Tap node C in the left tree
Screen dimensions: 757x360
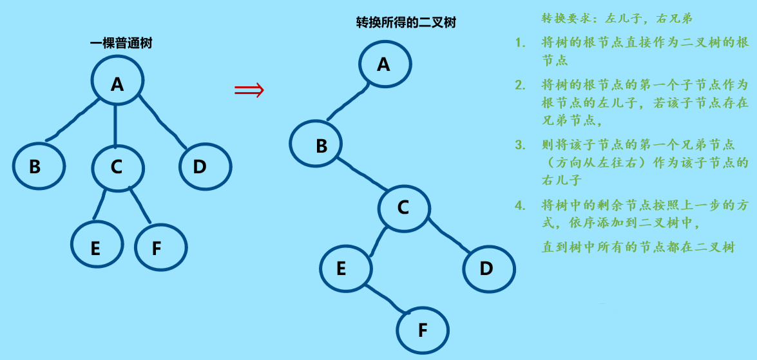117,166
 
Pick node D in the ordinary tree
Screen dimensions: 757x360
204,166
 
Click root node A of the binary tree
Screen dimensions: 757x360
385,64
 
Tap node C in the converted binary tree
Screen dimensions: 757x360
403,207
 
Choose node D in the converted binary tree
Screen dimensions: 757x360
488,267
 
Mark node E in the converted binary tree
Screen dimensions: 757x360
346,267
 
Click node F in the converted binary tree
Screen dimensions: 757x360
422,330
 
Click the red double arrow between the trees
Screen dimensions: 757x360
249,90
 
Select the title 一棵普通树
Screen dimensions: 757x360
121,44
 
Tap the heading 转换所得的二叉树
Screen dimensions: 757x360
406,23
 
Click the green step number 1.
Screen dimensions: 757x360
520,43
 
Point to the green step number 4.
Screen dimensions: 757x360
520,206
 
